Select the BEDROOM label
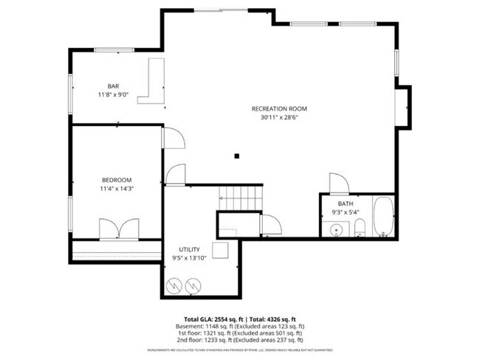[x=117, y=180]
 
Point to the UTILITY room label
[x=190, y=250]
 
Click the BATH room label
[x=346, y=204]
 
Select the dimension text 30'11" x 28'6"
[x=283, y=117]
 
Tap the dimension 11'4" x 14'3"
[x=117, y=189]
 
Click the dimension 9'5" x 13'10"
[x=190, y=258]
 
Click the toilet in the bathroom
[x=360, y=227]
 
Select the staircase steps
[x=241, y=198]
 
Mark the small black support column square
[x=236, y=156]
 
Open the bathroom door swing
[x=338, y=183]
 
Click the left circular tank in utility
[x=176, y=283]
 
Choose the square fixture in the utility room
[x=221, y=250]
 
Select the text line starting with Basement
[x=240, y=325]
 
